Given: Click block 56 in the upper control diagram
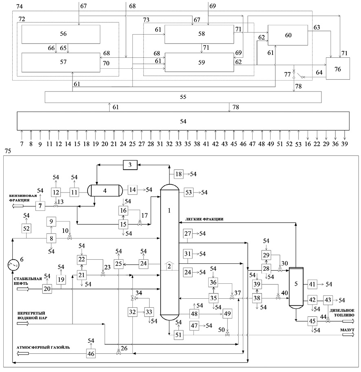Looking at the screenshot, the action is point(61,34).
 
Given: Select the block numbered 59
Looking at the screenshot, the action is point(199,62).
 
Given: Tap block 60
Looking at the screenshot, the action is point(288,35).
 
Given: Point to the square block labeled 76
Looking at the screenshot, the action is point(338,68).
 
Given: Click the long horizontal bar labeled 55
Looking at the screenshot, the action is point(183,97).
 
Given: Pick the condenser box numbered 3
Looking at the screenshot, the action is point(130,165).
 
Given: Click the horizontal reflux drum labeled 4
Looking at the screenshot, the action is point(105,191).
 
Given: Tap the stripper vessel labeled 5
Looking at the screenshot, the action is point(296,288).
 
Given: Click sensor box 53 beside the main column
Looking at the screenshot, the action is point(189,192).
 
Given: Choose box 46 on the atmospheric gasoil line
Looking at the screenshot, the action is point(91,354).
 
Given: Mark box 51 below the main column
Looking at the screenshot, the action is point(178,335).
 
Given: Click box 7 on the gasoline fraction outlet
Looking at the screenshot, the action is point(40,206).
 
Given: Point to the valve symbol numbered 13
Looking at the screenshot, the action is point(56,206).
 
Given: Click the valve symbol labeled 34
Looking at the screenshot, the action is point(132,298).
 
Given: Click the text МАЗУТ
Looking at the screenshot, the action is point(347,330).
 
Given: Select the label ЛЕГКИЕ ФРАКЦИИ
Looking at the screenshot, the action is point(204,219).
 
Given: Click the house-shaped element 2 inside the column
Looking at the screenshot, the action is point(169,266).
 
